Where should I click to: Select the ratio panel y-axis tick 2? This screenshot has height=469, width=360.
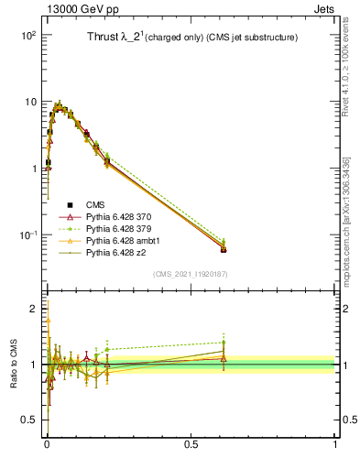33,309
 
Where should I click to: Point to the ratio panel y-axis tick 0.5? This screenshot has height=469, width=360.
29,420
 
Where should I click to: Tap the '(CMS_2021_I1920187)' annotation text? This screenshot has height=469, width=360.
191,274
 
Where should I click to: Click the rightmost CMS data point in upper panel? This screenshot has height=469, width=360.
224,249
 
